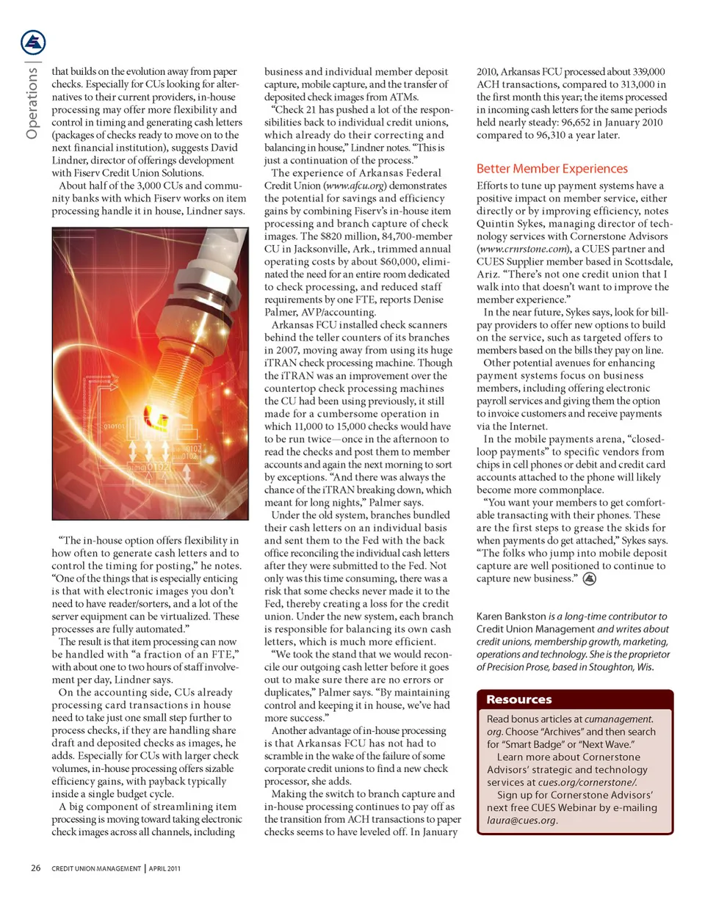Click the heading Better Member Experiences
(552, 169)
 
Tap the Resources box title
(519, 699)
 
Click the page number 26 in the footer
(35, 868)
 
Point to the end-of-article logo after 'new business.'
(589, 579)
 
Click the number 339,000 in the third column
(643, 71)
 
